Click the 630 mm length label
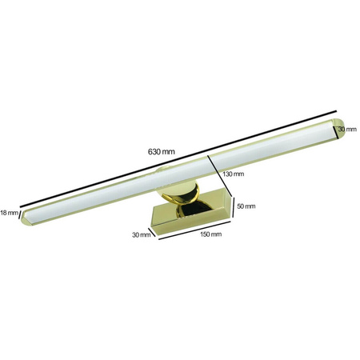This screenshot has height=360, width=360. pyautogui.click(x=162, y=150)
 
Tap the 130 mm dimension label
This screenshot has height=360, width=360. pyautogui.click(x=234, y=173)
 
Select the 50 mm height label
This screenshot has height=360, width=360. pyautogui.click(x=246, y=206)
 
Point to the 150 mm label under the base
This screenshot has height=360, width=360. pyautogui.click(x=210, y=234)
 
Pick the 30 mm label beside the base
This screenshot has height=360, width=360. pyautogui.click(x=142, y=234)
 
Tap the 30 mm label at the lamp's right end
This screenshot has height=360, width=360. pyautogui.click(x=346, y=129)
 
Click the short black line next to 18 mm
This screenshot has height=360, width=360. pyautogui.click(x=22, y=216)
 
